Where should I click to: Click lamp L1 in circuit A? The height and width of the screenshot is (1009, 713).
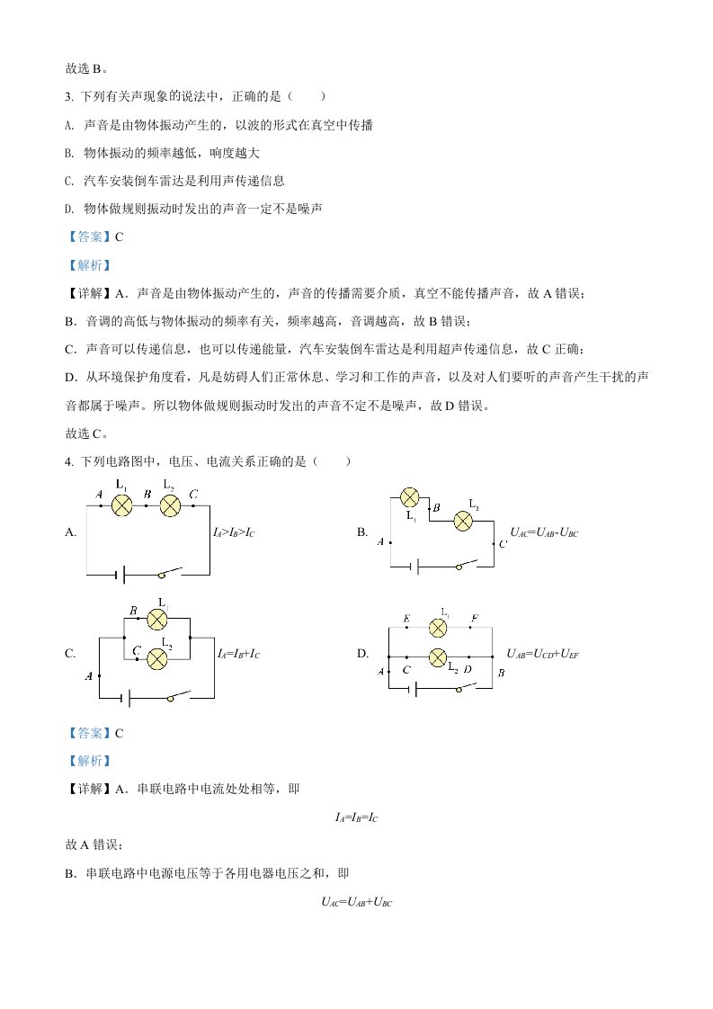[122, 505]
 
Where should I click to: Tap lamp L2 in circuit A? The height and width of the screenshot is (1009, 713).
[170, 505]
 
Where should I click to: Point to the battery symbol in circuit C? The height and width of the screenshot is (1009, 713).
[128, 698]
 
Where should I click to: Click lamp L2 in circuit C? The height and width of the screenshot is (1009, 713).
[157, 659]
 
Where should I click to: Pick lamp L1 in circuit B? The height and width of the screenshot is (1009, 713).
[410, 497]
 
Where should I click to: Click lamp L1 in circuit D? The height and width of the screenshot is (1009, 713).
[438, 628]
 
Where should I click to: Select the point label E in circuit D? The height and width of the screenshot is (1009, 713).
[406, 619]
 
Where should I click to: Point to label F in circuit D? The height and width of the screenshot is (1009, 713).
[474, 619]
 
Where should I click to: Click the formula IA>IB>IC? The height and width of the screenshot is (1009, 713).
[234, 532]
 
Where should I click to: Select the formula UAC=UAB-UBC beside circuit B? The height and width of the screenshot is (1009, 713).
[544, 532]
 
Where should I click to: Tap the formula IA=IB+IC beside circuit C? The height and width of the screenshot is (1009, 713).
[239, 654]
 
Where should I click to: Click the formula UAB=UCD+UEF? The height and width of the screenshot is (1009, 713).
[542, 654]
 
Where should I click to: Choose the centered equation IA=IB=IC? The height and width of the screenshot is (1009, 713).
[356, 817]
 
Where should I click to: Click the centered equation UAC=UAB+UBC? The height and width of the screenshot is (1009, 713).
[356, 902]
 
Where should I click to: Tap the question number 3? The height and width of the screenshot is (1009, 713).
[69, 96]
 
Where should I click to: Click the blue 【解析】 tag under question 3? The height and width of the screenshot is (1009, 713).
[89, 265]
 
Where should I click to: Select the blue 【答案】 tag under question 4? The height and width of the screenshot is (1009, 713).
[89, 733]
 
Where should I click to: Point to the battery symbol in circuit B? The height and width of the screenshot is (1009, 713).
[415, 567]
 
